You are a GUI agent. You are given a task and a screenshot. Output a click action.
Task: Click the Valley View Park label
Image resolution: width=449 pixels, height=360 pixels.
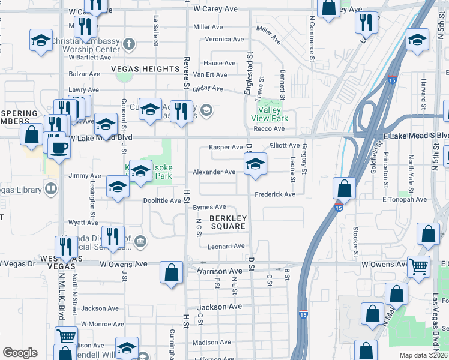[273, 114]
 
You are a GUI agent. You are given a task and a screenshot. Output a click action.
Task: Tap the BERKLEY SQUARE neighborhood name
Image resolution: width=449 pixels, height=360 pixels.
[228, 222]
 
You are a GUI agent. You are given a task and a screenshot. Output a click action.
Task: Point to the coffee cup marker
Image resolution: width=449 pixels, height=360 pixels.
[59, 148]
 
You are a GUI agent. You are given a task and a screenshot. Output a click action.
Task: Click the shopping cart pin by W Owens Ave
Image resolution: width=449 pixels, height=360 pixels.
[418, 265]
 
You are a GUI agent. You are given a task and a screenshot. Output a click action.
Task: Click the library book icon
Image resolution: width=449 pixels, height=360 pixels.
[52, 190]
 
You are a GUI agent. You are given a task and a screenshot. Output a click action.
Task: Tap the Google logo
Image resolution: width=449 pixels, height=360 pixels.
[20, 353]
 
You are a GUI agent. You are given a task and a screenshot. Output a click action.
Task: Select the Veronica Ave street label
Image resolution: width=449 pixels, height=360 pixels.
[224, 40]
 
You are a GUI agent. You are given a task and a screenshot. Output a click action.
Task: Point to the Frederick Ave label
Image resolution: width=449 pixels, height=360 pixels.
[275, 195]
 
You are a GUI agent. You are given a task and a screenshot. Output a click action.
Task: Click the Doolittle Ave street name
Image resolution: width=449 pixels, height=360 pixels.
[162, 200]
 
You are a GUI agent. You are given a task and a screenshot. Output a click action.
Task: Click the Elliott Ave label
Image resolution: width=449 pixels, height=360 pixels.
[285, 146]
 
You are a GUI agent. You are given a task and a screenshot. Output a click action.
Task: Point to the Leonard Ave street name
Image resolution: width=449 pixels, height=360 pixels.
[226, 247]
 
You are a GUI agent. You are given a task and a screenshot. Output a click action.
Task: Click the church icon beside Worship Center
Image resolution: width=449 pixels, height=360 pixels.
[131, 43]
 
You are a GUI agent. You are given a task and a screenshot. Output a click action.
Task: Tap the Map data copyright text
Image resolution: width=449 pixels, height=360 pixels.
[423, 355]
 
